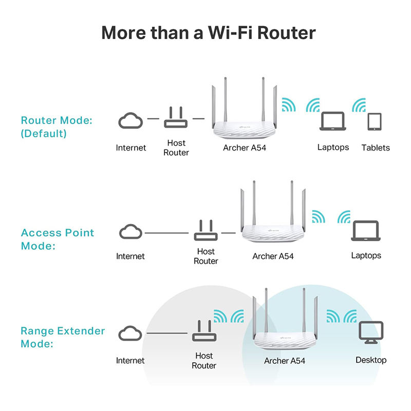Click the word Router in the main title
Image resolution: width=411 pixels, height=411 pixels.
click(287, 33)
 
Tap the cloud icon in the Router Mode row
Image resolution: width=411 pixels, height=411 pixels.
click(130, 121)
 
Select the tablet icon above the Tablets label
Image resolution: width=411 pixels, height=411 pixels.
click(375, 122)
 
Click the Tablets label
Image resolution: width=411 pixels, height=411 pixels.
click(376, 147)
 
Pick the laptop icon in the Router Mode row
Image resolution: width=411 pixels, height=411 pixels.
click(333, 121)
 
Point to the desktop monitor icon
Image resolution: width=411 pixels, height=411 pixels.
click(371, 332)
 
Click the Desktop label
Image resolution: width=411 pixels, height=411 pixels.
click(371, 360)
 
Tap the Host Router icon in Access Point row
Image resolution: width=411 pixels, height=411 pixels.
click(206, 230)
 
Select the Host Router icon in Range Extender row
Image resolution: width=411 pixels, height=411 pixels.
click(204, 330)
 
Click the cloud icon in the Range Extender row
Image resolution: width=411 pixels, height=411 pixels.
click(130, 333)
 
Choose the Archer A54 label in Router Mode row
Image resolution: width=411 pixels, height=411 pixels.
click(245, 147)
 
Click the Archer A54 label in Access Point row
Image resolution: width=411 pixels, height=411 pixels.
click(273, 256)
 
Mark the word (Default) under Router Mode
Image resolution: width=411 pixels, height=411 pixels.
click(44, 134)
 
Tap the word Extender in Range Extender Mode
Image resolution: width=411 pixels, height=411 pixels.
click(81, 331)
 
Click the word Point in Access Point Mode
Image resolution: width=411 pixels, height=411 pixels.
click(80, 233)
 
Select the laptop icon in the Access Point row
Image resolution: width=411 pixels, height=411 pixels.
click(366, 231)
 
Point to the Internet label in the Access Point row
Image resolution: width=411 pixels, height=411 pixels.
click(130, 256)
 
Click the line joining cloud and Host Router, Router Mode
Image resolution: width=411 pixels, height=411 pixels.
click(153, 119)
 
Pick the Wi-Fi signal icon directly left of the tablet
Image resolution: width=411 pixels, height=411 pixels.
click(359, 105)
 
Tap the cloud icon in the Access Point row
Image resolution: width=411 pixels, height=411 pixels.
click(130, 232)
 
